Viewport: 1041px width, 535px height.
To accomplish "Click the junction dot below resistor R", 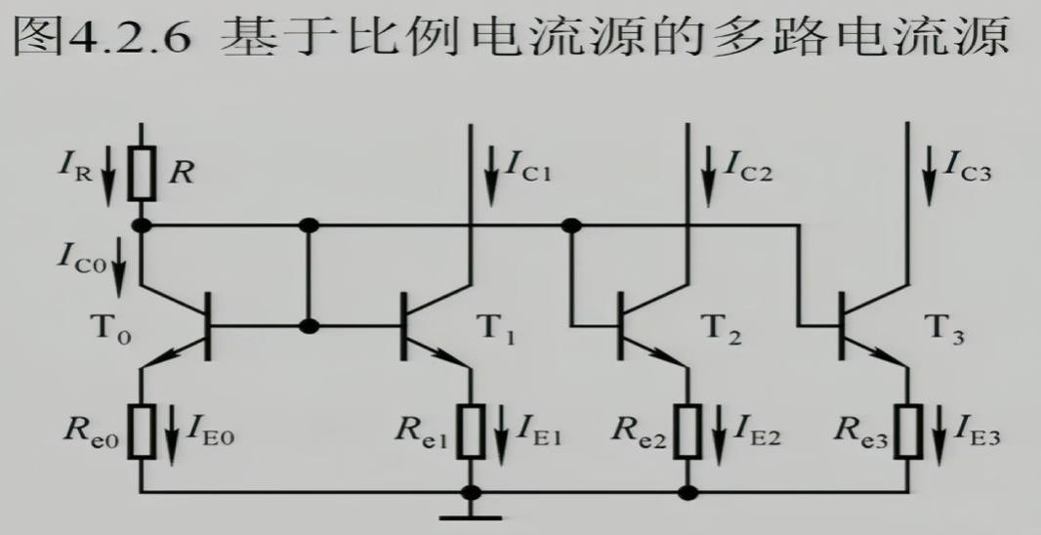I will pyautogui.click(x=143, y=226).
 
